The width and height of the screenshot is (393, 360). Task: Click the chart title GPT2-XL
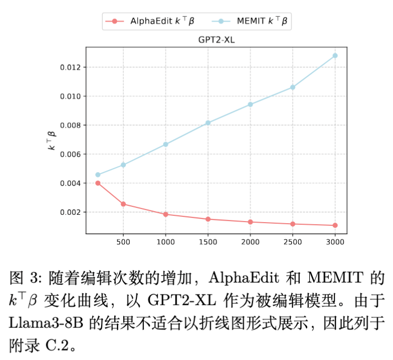(216, 39)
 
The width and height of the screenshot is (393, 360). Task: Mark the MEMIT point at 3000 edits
(335, 56)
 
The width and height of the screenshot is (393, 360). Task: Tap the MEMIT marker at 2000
(250, 104)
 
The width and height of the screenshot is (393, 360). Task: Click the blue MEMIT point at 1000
(165, 144)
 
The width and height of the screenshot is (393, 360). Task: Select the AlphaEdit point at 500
(123, 204)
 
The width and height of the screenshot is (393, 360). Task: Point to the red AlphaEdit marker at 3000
(335, 225)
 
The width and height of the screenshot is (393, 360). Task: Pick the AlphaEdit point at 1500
(208, 219)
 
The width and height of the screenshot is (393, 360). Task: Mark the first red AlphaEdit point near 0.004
(98, 183)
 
